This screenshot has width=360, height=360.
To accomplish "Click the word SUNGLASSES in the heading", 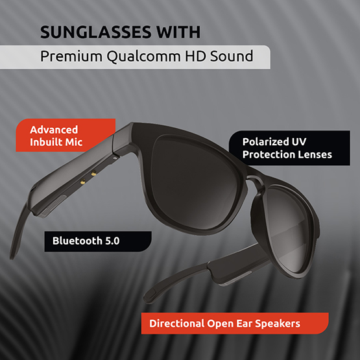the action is pos(96,32).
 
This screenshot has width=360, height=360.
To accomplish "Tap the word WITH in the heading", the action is pos(178,32).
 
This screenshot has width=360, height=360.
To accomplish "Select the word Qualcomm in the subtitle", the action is pos(144,56).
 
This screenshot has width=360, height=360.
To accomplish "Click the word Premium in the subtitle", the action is pos(71,56).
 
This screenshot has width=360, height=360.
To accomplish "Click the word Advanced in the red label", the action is pos(54,130).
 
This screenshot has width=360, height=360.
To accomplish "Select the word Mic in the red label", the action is pos(74,142).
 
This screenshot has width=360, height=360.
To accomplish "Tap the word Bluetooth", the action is pos(77,241).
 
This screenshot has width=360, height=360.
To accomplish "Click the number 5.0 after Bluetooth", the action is pos(112,241).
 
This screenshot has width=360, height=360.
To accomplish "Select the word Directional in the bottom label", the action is pos(177,324).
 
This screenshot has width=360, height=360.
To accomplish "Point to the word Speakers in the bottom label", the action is pos(278,324).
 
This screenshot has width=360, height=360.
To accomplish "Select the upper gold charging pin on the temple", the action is pos(93,173).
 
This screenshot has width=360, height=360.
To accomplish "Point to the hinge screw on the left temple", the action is pos(115,158).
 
